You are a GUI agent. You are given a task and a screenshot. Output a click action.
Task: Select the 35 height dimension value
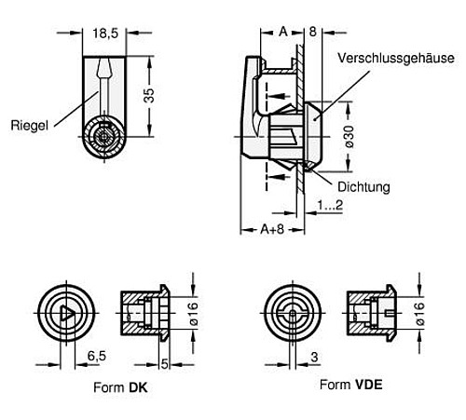[147, 96]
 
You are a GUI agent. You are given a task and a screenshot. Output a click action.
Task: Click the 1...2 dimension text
[327, 205]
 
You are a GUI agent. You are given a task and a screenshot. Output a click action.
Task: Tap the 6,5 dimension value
[94, 356]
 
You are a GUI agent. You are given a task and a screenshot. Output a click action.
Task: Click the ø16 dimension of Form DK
[194, 314]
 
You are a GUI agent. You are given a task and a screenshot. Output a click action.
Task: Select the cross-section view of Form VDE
[370, 314]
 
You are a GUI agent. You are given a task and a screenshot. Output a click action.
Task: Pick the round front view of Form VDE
[293, 314]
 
